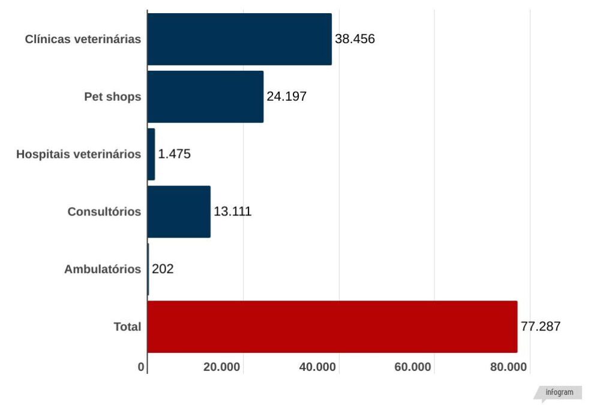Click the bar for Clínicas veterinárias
pos(239,39)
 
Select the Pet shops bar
pos(205,97)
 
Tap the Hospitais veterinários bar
pos(151,154)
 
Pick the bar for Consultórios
pos(179,212)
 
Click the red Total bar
pos(332,326)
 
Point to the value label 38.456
pos(355,40)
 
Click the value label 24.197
pos(287,97)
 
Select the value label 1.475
pos(175,154)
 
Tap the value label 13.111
pos(233,212)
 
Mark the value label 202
pos(163,269)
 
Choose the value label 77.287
pos(541,327)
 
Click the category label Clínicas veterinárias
pos(83,40)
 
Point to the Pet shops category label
pos(113,97)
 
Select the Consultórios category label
pos(104,212)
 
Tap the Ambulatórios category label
pos(103,269)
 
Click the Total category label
pos(127,327)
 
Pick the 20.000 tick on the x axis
pos(222,367)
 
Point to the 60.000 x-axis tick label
pos(413,367)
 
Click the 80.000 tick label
pos(508,367)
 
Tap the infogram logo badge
pos(559,393)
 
